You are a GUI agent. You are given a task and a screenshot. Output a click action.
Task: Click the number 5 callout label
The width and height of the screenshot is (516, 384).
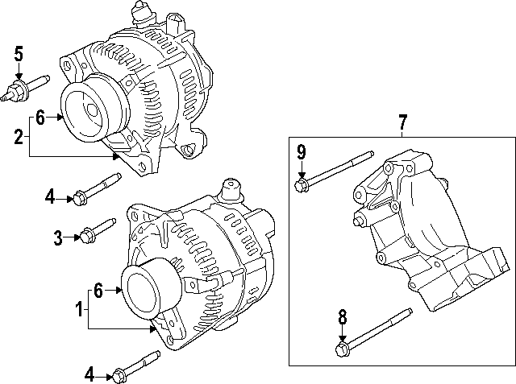tap(19, 54)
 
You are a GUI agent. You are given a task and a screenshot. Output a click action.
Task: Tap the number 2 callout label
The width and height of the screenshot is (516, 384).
tap(19, 136)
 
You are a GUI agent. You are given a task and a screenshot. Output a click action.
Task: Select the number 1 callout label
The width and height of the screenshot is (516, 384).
tap(78, 308)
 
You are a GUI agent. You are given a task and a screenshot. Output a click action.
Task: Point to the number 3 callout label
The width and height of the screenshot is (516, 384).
tap(58, 237)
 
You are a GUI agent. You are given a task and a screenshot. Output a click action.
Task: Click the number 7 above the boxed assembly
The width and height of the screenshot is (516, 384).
tap(403, 122)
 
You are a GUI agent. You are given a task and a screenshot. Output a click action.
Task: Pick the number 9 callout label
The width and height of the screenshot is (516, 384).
tap(302, 152)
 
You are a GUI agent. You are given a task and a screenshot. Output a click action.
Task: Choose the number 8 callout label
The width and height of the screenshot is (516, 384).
tap(342, 317)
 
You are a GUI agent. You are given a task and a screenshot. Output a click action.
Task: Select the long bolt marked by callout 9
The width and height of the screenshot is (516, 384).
tap(335, 171)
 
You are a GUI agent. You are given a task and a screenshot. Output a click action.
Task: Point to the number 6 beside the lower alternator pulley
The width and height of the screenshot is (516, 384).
tap(99, 291)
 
